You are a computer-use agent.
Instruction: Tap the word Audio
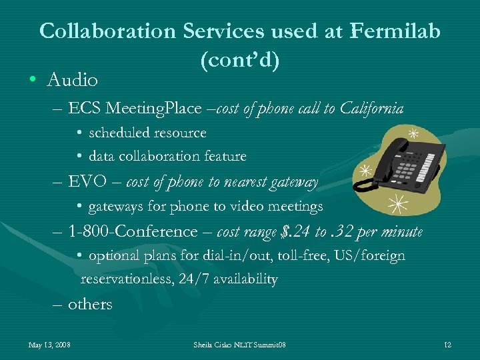point(73,81)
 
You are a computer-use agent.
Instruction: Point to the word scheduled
point(121,133)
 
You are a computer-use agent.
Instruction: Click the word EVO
point(85,182)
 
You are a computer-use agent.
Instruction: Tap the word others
point(90,304)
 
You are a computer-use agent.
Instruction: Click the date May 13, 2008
point(50,345)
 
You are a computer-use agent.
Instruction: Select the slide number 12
point(447,345)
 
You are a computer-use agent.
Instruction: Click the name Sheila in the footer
point(204,345)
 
